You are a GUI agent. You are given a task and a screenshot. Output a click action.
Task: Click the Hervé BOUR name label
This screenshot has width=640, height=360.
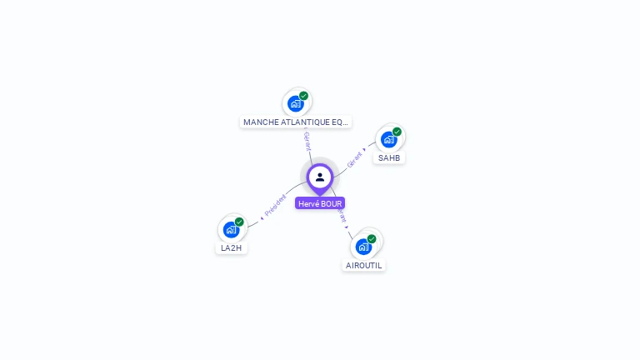click(x=320, y=203)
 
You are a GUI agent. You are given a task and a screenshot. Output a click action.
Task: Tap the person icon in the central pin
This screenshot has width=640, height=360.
click(x=320, y=177)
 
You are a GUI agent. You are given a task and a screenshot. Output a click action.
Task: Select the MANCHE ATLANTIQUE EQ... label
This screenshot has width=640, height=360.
click(x=296, y=122)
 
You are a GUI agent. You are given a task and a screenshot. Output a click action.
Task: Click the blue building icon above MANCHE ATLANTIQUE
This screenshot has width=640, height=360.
click(x=295, y=103)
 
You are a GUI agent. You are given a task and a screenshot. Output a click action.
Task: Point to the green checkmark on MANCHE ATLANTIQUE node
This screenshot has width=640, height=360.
click(x=304, y=96)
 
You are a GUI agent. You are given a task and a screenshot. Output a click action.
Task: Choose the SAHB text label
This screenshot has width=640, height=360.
click(x=389, y=157)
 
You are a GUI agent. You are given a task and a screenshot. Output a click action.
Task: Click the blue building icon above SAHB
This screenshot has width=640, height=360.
click(x=388, y=139)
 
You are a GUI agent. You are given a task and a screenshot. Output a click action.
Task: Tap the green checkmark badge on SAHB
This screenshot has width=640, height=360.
click(x=397, y=132)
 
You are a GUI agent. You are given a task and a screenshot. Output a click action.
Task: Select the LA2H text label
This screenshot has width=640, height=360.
click(x=231, y=248)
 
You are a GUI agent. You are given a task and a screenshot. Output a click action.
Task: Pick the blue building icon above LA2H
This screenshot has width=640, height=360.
click(x=231, y=229)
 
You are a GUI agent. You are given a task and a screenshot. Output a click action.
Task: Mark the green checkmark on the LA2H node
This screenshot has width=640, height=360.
click(x=240, y=222)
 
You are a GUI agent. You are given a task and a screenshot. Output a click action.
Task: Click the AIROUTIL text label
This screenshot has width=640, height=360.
click(x=363, y=265)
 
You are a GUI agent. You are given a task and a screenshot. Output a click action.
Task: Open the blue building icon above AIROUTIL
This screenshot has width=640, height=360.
click(x=362, y=247)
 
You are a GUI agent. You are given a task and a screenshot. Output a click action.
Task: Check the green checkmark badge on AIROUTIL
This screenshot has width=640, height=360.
click(x=372, y=239)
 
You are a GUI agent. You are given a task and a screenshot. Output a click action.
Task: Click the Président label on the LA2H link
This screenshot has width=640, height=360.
click(x=275, y=207)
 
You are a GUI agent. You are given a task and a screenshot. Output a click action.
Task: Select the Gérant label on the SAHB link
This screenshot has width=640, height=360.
click(x=354, y=159)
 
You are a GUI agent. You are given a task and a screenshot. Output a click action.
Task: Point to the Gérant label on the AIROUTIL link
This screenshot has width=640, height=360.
click(x=342, y=216)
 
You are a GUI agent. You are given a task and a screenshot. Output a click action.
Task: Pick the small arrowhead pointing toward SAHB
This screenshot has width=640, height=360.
click(x=364, y=151)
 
